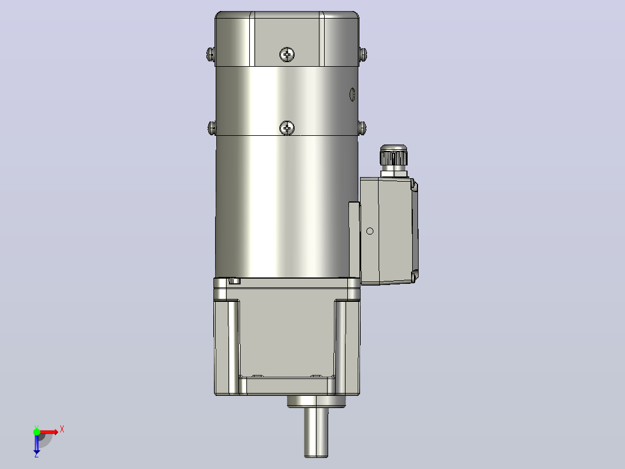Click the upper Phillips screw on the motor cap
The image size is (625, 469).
point(287,55)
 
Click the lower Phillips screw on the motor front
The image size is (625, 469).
point(287,128)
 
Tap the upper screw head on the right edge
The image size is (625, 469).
point(363,55)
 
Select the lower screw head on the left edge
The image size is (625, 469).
point(212,128)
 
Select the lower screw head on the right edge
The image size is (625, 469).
point(362,128)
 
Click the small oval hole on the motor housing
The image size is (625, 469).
point(352,95)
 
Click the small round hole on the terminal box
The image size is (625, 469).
point(370,231)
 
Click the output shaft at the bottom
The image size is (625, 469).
point(317,432)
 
